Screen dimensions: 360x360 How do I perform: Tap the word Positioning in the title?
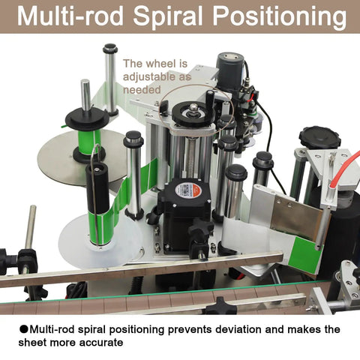280,16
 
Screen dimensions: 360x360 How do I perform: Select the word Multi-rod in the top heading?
70,16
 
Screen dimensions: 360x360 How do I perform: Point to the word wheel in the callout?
163,64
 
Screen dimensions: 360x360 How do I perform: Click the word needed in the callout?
142,89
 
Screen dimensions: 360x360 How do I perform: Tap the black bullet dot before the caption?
23,329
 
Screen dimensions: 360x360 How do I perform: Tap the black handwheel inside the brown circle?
193,115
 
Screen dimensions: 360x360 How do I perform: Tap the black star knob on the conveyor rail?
220,306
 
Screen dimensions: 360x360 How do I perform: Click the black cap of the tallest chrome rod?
110,48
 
